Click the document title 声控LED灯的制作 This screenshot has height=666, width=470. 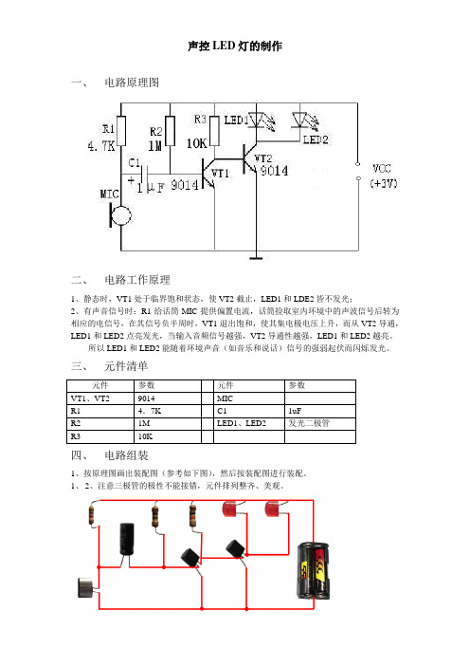click(x=235, y=46)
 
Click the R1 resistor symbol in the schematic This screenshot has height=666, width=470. click(x=121, y=131)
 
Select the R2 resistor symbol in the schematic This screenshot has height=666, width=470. click(x=171, y=131)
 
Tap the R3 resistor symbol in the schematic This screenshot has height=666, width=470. click(x=215, y=131)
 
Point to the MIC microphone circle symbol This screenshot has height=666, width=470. click(x=121, y=215)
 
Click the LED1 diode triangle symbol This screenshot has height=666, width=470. click(x=256, y=120)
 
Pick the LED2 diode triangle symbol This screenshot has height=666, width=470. click(x=299, y=120)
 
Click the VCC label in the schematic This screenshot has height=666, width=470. click(x=381, y=169)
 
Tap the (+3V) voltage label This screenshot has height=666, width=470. click(x=384, y=183)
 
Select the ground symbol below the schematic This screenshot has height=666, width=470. click(x=255, y=258)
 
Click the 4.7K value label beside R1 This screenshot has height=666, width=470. click(x=101, y=146)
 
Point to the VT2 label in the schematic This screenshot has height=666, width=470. click(x=263, y=158)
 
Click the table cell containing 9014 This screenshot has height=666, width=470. click(x=168, y=398)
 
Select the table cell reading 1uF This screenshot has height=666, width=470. click(x=320, y=411)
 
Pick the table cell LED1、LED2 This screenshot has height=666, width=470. click(x=249, y=423)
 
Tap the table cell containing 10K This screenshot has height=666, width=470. click(x=168, y=436)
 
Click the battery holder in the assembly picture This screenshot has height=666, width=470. click(x=313, y=570)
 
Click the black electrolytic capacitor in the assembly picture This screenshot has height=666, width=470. click(x=127, y=539)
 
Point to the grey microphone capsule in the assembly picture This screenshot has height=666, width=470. click(x=85, y=588)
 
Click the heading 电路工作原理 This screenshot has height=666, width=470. click(x=137, y=280)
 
